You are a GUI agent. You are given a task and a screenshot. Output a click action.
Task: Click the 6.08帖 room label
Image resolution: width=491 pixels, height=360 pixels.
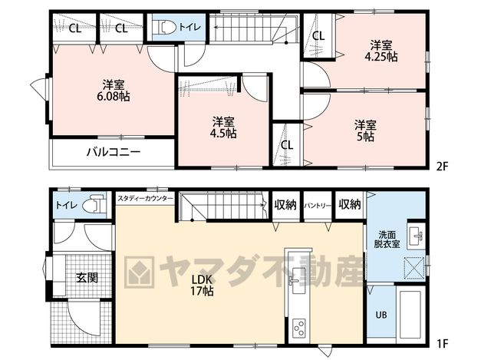tap(113, 91)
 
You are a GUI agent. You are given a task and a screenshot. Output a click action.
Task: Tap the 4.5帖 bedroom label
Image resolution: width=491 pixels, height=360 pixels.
tap(223, 127)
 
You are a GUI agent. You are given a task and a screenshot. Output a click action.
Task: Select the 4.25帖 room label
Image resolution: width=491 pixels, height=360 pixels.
tap(381, 51)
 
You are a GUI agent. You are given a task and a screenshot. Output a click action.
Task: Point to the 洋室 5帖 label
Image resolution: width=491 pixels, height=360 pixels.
tap(365, 130)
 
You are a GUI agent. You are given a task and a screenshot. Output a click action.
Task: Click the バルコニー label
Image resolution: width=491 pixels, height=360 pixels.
tap(114, 152)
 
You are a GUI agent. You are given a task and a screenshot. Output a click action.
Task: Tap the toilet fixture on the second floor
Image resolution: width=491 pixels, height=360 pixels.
tap(167, 27)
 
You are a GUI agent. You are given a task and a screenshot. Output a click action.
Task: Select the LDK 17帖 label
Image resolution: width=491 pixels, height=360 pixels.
tap(203, 285)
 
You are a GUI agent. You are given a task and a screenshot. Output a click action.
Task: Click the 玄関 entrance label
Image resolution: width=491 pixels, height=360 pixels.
tap(87, 278)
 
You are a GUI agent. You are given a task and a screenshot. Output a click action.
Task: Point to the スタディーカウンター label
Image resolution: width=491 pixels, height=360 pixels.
tap(145, 199)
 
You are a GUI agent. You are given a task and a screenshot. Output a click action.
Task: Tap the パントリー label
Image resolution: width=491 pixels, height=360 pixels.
tap(318, 206)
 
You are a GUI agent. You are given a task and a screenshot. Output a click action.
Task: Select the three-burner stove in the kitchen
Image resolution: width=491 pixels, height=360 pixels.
tap(298, 328)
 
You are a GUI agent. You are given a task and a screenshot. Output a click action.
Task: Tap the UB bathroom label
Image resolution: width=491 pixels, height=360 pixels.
tap(381, 315)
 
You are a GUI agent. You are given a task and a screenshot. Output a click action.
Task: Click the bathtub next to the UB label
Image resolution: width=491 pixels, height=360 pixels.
tap(410, 315)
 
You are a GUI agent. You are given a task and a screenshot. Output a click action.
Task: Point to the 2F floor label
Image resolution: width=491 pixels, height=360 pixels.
tap(443, 167)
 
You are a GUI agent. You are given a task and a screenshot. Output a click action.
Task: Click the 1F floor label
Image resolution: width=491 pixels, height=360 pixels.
tap(443, 344)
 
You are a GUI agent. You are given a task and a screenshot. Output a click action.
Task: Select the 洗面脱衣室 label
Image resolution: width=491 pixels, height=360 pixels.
tap(387, 239)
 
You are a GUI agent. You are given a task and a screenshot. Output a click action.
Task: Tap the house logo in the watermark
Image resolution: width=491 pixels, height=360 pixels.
tap(139, 272)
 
